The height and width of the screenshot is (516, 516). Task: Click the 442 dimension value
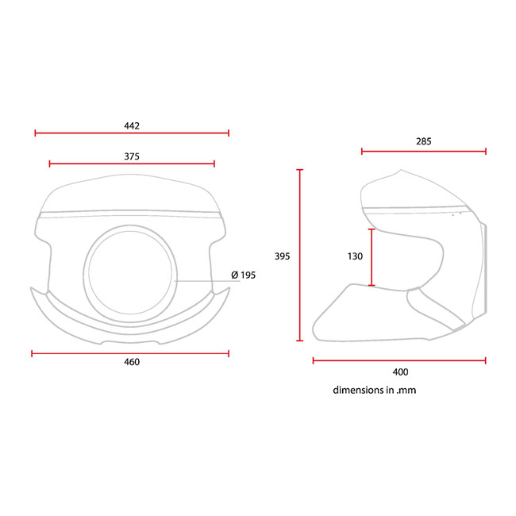point(132,125)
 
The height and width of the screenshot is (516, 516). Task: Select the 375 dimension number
point(132,156)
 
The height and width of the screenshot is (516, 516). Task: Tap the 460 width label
point(132,362)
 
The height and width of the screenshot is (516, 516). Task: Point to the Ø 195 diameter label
point(243,275)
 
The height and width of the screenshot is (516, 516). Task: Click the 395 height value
point(282,256)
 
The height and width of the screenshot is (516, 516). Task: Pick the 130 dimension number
point(355,256)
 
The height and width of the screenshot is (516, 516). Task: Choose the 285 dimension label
point(423,141)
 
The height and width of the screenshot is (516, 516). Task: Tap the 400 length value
point(400,371)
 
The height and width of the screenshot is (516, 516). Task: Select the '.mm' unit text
point(407,391)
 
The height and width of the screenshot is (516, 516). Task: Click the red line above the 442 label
point(132,133)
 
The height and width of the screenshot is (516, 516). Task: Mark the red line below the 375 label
point(132,164)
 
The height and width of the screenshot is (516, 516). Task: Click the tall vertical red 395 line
point(300,255)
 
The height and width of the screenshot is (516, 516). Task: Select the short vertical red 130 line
point(372,256)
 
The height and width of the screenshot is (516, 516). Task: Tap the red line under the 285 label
point(423,151)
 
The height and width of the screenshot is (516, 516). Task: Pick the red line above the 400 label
point(399,360)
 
